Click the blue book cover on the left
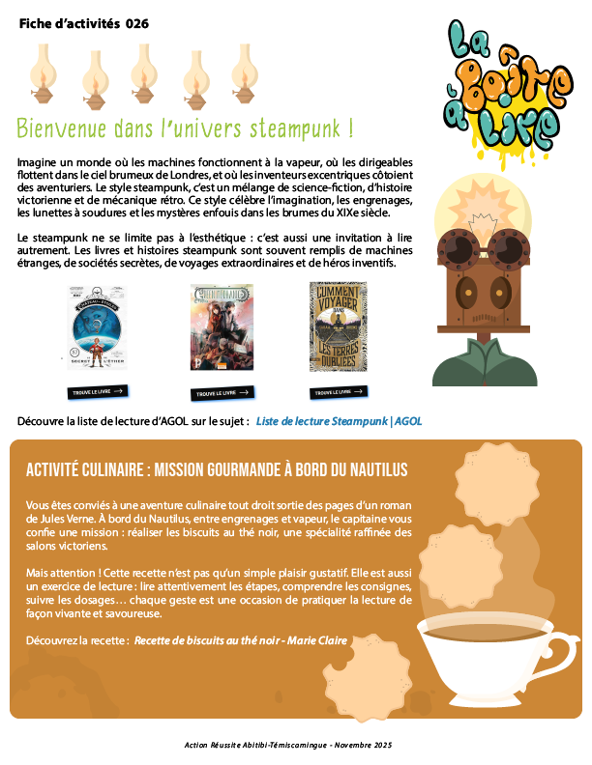click(x=97, y=327)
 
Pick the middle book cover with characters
click(x=222, y=327)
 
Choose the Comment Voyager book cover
click(x=338, y=326)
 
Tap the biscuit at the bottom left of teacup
click(x=384, y=664)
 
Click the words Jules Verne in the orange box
click(x=59, y=519)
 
